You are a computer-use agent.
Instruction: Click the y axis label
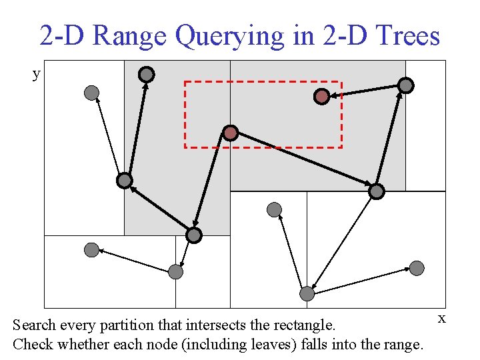point(37,73)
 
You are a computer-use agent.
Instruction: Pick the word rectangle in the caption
point(303,325)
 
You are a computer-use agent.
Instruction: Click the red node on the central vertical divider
point(230,133)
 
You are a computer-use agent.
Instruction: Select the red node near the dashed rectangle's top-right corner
point(322,97)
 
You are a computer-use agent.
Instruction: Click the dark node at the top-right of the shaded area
point(405,85)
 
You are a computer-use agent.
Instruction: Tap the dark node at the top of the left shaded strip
point(147,75)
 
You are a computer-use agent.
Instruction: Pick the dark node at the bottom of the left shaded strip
point(193,235)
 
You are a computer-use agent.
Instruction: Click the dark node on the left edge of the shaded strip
point(125,180)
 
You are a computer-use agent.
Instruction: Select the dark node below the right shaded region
point(377,191)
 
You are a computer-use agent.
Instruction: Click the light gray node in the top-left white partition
point(91,93)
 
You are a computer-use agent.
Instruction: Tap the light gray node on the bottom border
point(307,293)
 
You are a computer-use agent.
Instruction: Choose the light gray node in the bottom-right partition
point(417,268)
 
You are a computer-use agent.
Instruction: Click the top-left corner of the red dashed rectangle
point(185,82)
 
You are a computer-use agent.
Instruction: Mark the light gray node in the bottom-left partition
point(91,250)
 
